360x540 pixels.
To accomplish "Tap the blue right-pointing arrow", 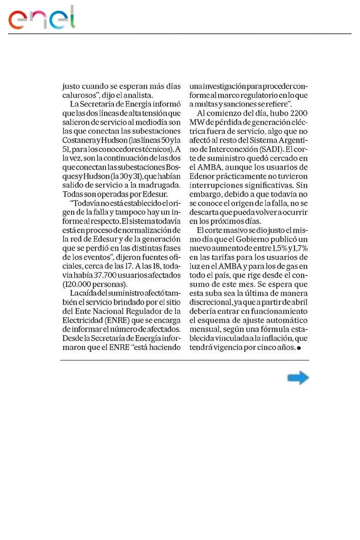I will [298, 378].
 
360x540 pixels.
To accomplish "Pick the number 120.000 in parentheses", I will [83, 284].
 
